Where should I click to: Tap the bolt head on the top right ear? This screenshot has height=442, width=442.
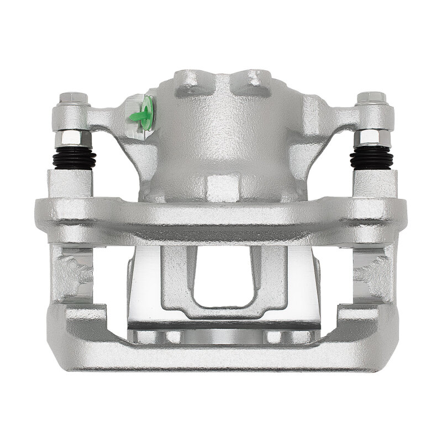pyautogui.click(x=370, y=99)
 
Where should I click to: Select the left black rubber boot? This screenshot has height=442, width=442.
pyautogui.click(x=73, y=158)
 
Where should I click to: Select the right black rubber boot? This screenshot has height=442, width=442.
pyautogui.click(x=371, y=157)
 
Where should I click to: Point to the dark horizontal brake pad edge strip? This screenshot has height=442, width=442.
pyautogui.click(x=224, y=326)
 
